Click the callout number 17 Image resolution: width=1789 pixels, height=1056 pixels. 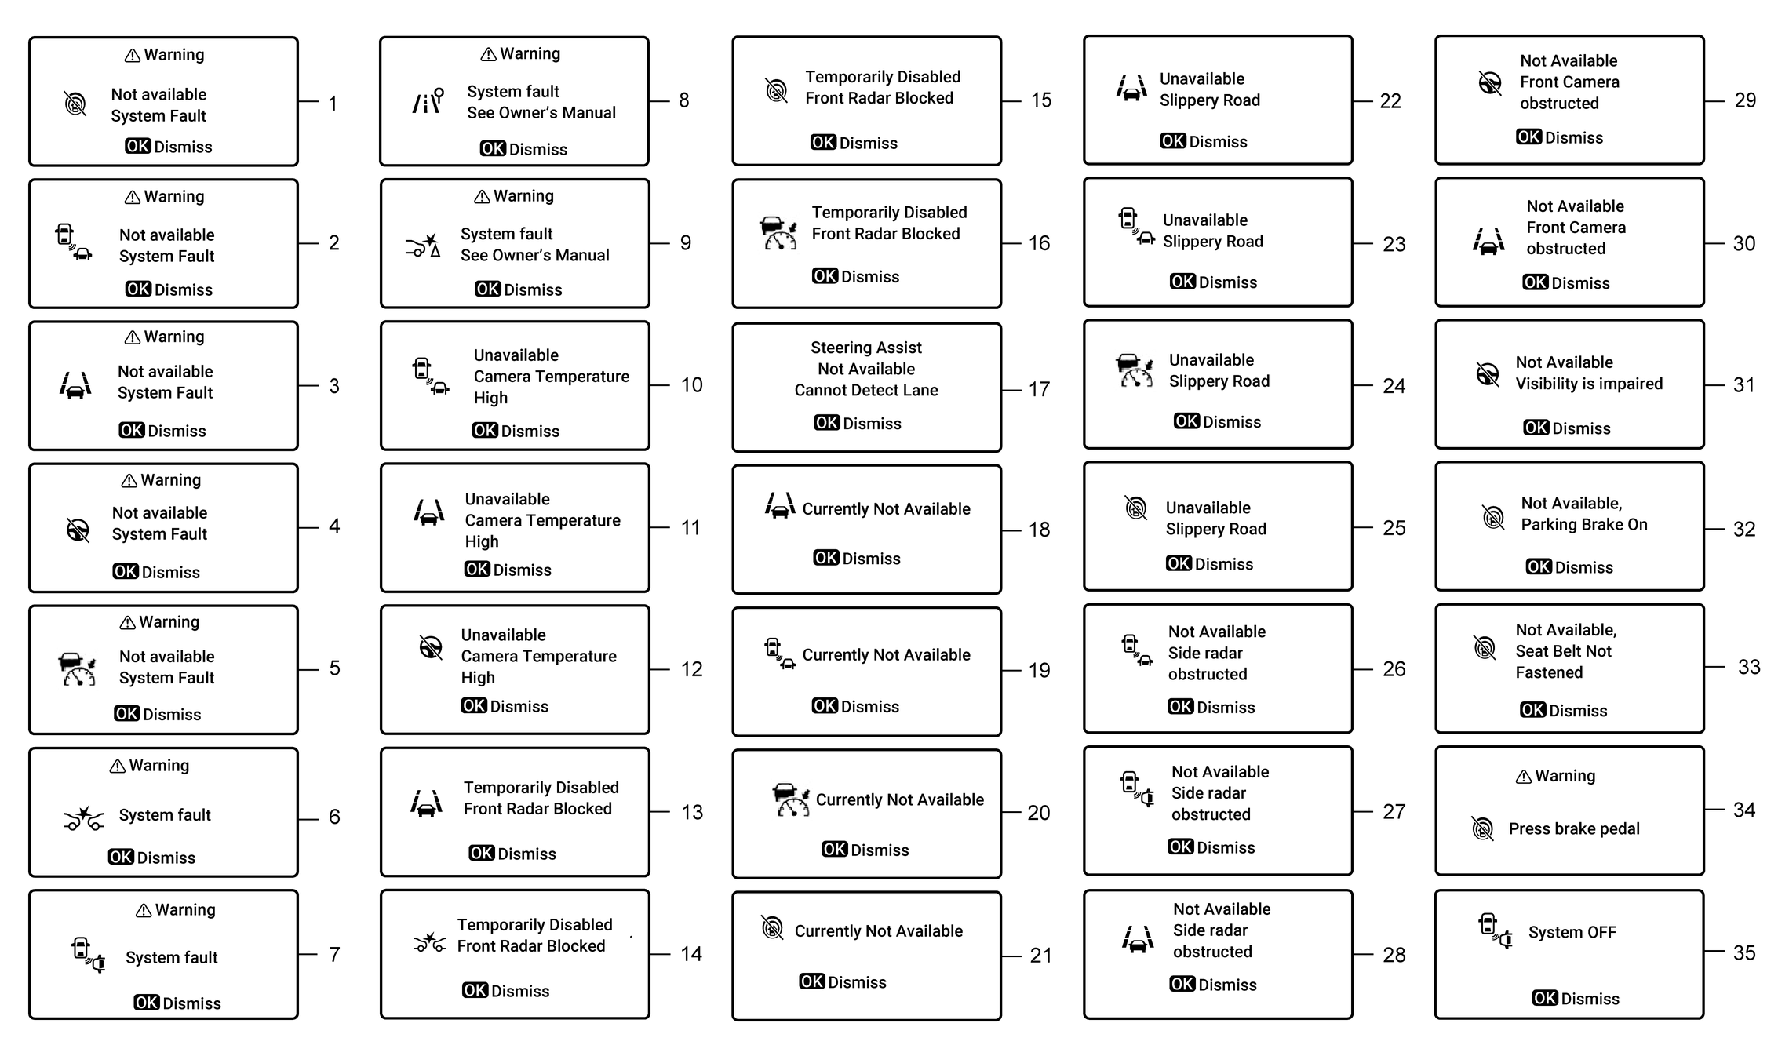click(x=1039, y=389)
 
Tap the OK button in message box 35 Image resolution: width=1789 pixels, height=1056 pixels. click(x=1545, y=998)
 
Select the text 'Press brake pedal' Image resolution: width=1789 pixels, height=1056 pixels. click(x=1574, y=828)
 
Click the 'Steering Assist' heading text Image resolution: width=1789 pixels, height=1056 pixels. click(x=866, y=348)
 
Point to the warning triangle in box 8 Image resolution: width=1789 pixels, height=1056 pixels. click(x=488, y=54)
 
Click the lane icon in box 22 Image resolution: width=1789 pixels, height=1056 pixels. click(x=1131, y=88)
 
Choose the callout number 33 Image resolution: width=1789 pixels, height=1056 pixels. click(x=1749, y=667)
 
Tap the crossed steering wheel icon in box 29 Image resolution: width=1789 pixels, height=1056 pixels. click(x=1489, y=82)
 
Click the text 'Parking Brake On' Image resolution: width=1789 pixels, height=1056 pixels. click(x=1584, y=525)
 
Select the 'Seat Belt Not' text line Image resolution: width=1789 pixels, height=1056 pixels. click(x=1563, y=651)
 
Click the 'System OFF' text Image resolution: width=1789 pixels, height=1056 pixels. click(x=1572, y=932)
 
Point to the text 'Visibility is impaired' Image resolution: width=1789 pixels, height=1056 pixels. click(x=1589, y=384)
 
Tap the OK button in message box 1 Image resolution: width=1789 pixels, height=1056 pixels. click(x=138, y=146)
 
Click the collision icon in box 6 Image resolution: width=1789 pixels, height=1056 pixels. click(x=83, y=819)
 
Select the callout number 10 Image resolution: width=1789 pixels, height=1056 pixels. click(x=691, y=385)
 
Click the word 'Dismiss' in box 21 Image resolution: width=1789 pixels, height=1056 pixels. click(x=858, y=982)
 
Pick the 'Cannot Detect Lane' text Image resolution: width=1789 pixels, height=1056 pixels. click(x=866, y=390)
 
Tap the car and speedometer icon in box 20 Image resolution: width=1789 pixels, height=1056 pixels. click(x=791, y=799)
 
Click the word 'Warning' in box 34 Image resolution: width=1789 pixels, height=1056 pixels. click(x=1565, y=776)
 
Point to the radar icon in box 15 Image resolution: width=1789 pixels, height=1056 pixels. click(x=776, y=91)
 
